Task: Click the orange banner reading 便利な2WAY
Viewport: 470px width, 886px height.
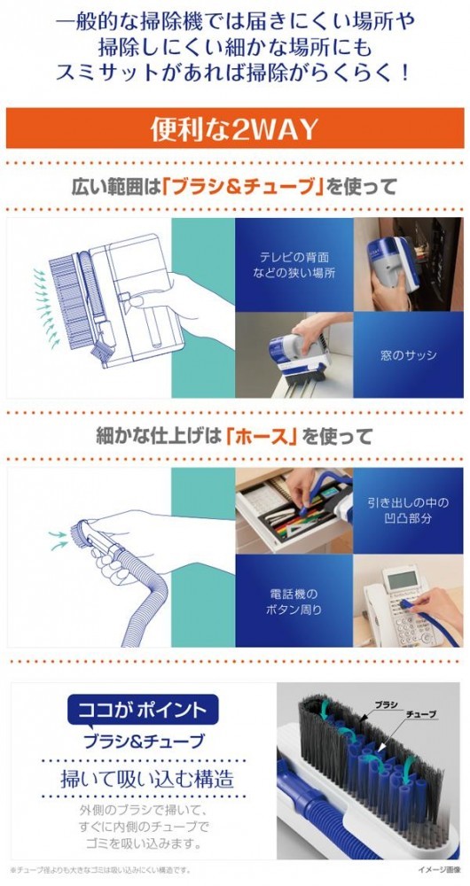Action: [x=235, y=128]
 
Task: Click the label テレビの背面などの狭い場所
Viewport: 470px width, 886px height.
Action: [x=294, y=265]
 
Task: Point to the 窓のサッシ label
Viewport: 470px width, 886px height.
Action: [x=408, y=356]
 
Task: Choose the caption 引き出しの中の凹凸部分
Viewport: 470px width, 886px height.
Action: [x=407, y=510]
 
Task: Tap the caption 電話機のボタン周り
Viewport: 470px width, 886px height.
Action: [x=294, y=602]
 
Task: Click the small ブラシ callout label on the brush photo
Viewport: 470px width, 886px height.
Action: [x=387, y=704]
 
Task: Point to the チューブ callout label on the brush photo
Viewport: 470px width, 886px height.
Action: [x=421, y=714]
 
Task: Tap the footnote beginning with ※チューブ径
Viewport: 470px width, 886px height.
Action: [x=101, y=870]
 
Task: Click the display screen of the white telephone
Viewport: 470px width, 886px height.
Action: [x=403, y=579]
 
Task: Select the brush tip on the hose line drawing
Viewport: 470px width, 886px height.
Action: [x=78, y=532]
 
